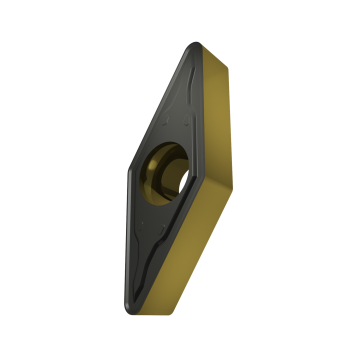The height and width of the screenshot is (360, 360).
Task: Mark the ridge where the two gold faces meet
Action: (x=232, y=177)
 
